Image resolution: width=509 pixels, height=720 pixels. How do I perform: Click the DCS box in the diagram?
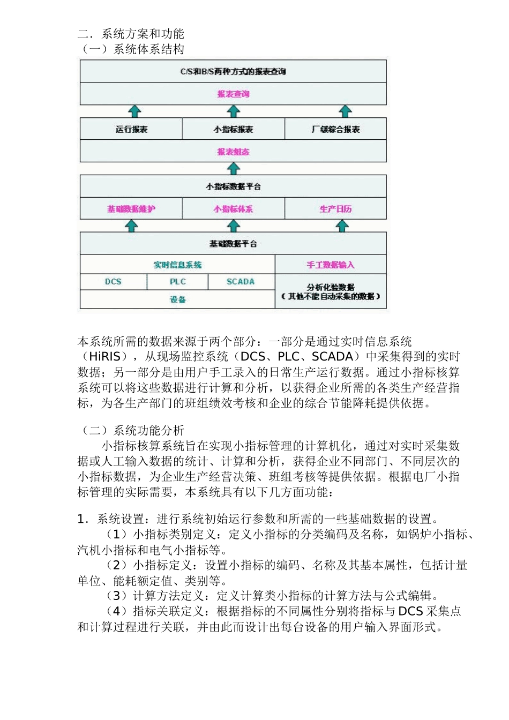(113, 282)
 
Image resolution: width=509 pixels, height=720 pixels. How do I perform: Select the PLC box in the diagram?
(177, 282)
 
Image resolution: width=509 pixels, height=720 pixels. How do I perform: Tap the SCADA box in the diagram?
(241, 282)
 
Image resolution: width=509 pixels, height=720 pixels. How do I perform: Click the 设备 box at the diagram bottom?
(177, 299)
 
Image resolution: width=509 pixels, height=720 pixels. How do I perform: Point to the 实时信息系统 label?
(177, 265)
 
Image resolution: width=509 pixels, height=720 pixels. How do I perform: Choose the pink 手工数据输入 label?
(331, 265)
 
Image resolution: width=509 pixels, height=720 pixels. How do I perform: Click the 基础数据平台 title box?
(233, 244)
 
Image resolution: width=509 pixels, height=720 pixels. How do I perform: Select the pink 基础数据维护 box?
(131, 209)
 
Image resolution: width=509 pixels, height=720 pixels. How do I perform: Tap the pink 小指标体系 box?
(233, 209)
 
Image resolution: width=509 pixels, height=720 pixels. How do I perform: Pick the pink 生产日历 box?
(335, 209)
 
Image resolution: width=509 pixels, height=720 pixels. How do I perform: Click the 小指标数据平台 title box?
(233, 186)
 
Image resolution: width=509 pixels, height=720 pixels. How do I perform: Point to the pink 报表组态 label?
(233, 152)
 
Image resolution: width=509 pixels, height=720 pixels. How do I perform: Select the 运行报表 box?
(131, 129)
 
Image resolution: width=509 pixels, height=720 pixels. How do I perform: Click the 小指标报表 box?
(233, 129)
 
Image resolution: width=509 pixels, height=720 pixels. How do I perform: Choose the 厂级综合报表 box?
(335, 129)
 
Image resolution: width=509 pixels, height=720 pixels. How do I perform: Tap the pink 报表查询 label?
(233, 94)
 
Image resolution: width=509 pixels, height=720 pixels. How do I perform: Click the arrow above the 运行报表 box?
(134, 111)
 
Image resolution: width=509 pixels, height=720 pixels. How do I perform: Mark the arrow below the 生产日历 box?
(342, 226)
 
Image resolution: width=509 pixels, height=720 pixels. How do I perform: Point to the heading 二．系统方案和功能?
(131, 34)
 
